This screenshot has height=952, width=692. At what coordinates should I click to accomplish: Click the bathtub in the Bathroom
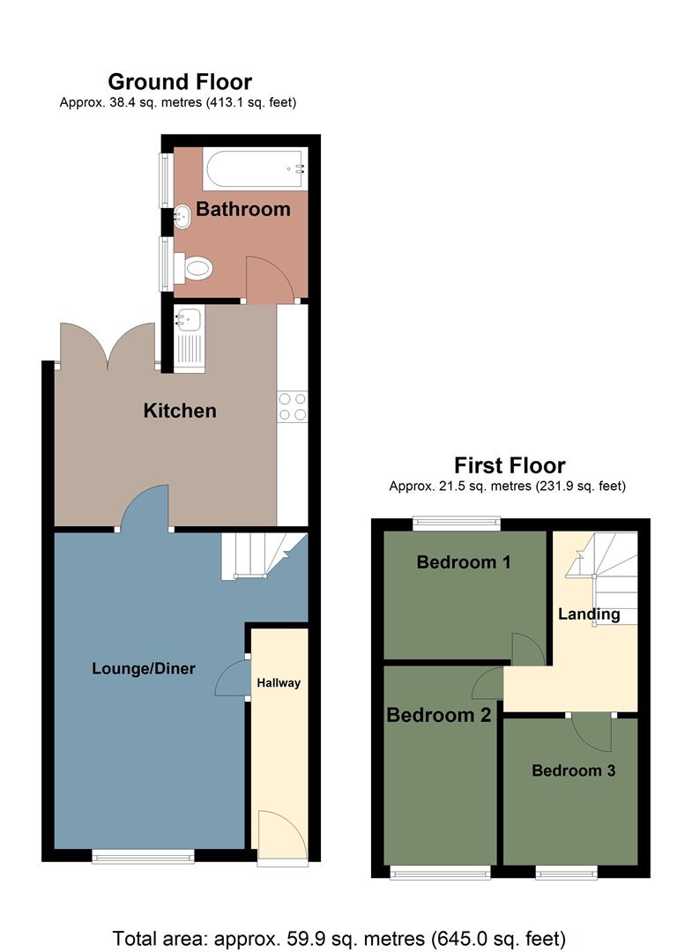(x=255, y=168)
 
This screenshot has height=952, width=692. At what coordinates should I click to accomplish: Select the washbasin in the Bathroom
(x=182, y=216)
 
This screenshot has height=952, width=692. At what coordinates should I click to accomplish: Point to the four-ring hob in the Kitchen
(x=293, y=406)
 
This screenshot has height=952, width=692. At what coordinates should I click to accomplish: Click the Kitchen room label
(x=180, y=411)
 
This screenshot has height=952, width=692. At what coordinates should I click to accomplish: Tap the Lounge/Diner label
(x=144, y=668)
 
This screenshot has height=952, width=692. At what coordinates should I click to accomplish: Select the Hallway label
(x=279, y=682)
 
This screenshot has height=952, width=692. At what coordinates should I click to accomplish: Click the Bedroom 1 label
(x=464, y=562)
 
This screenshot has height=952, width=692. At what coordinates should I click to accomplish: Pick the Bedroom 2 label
(x=438, y=715)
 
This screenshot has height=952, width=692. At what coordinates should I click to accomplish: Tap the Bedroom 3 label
(x=573, y=770)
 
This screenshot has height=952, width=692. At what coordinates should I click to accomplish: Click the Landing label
(x=589, y=614)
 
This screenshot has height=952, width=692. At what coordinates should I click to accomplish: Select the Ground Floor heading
(x=180, y=82)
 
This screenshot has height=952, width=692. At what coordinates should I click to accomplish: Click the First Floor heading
(x=510, y=465)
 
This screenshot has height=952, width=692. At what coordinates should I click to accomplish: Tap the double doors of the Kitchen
(x=108, y=346)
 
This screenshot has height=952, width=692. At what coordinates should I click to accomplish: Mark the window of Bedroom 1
(x=457, y=523)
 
